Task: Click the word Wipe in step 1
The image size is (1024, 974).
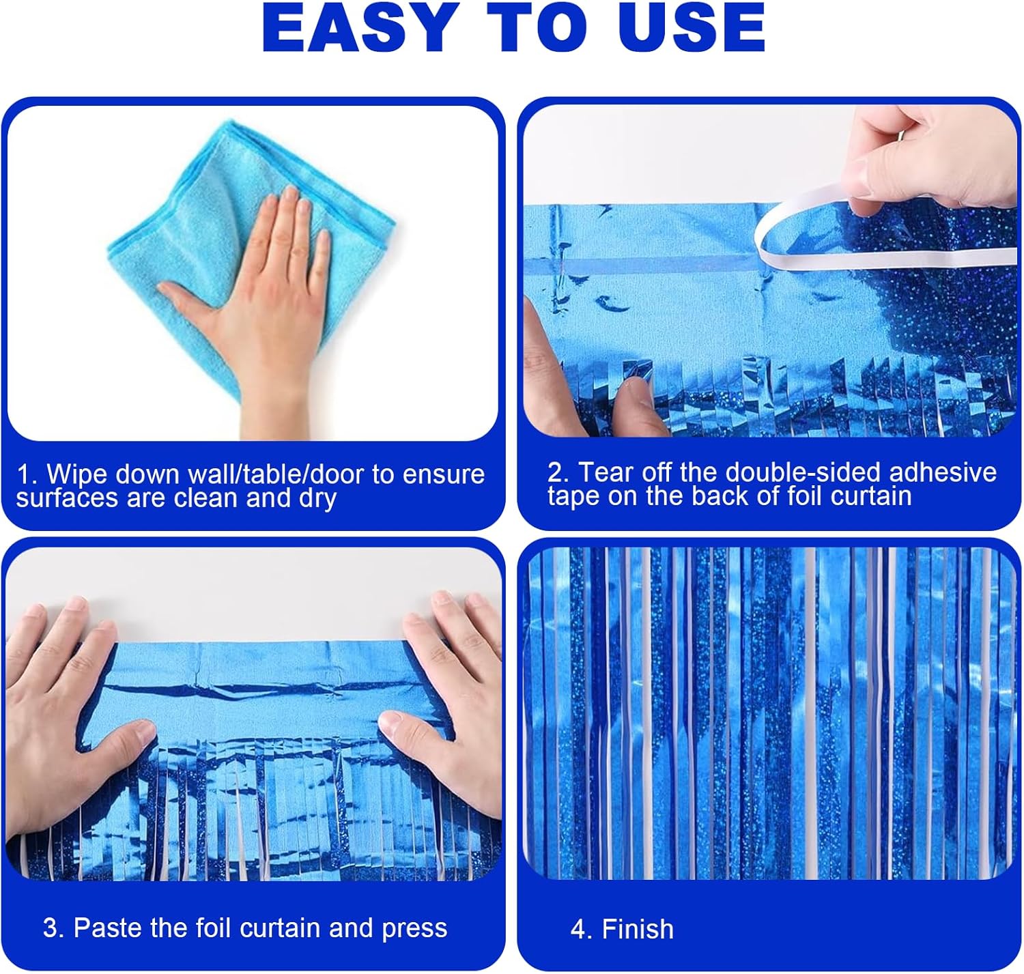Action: coord(76,474)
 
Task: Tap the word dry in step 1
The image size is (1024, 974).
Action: coord(317,499)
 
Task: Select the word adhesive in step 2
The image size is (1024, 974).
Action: coord(943,472)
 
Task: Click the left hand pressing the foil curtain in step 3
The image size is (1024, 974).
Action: coord(78,724)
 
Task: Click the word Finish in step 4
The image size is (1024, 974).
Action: coord(638,930)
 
